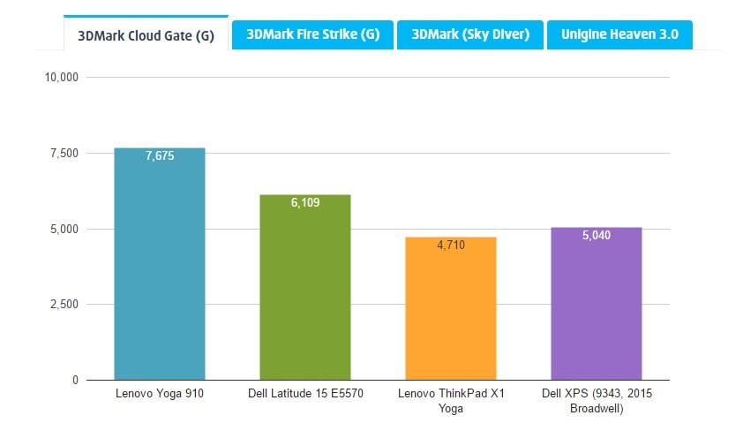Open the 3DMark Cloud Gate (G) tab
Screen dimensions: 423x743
point(146,34)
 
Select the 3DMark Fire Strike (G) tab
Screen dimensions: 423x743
point(312,34)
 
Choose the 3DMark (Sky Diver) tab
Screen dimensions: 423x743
point(469,34)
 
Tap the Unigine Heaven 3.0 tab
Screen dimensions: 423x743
point(619,34)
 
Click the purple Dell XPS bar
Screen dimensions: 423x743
point(596,309)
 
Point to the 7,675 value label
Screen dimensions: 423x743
point(160,156)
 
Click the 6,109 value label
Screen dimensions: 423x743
point(305,203)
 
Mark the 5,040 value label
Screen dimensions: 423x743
point(596,236)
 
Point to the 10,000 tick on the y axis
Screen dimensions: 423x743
point(62,78)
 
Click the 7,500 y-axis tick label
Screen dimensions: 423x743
point(64,154)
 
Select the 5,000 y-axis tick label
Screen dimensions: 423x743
point(64,230)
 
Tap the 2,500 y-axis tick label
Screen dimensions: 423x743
point(64,305)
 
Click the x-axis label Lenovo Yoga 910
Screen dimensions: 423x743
point(160,393)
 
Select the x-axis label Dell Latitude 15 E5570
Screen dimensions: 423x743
point(305,393)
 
